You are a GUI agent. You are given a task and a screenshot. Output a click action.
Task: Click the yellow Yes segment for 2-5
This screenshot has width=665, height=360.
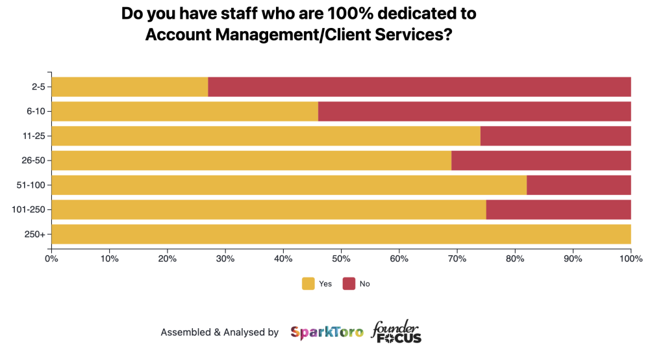tap(130, 87)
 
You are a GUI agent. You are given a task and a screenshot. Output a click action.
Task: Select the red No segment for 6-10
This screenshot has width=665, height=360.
tap(475, 112)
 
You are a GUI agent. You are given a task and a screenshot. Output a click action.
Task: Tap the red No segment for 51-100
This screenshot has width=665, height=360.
tap(579, 185)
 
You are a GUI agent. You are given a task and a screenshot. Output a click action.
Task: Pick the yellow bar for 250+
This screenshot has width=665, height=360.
tap(341, 234)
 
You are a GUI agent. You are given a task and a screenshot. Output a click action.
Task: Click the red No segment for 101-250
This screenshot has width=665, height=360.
tap(558, 210)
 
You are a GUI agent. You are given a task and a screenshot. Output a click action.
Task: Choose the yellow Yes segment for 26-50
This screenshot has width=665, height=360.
tap(251, 161)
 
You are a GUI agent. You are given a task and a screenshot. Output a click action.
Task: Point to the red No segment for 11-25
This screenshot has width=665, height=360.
tap(556, 136)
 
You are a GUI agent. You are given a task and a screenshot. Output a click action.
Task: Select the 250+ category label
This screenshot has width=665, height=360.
tap(36, 234)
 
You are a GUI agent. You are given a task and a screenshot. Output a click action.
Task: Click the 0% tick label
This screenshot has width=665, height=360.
tap(51, 259)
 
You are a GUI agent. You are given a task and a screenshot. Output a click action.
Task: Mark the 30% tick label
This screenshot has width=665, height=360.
tap(225, 259)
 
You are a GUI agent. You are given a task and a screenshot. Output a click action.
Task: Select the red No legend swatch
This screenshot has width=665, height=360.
tap(349, 283)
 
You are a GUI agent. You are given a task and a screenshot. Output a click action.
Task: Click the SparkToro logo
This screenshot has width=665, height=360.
tap(327, 333)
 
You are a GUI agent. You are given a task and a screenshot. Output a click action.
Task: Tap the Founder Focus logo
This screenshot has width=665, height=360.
tap(396, 332)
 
